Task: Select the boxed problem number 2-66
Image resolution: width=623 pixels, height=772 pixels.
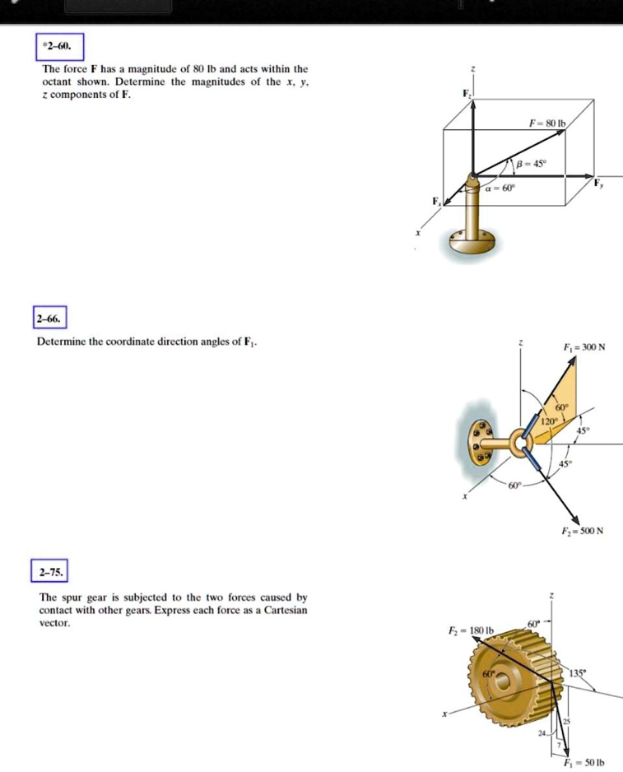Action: tap(52, 319)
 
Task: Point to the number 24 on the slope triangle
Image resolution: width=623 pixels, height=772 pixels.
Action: tap(541, 734)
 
